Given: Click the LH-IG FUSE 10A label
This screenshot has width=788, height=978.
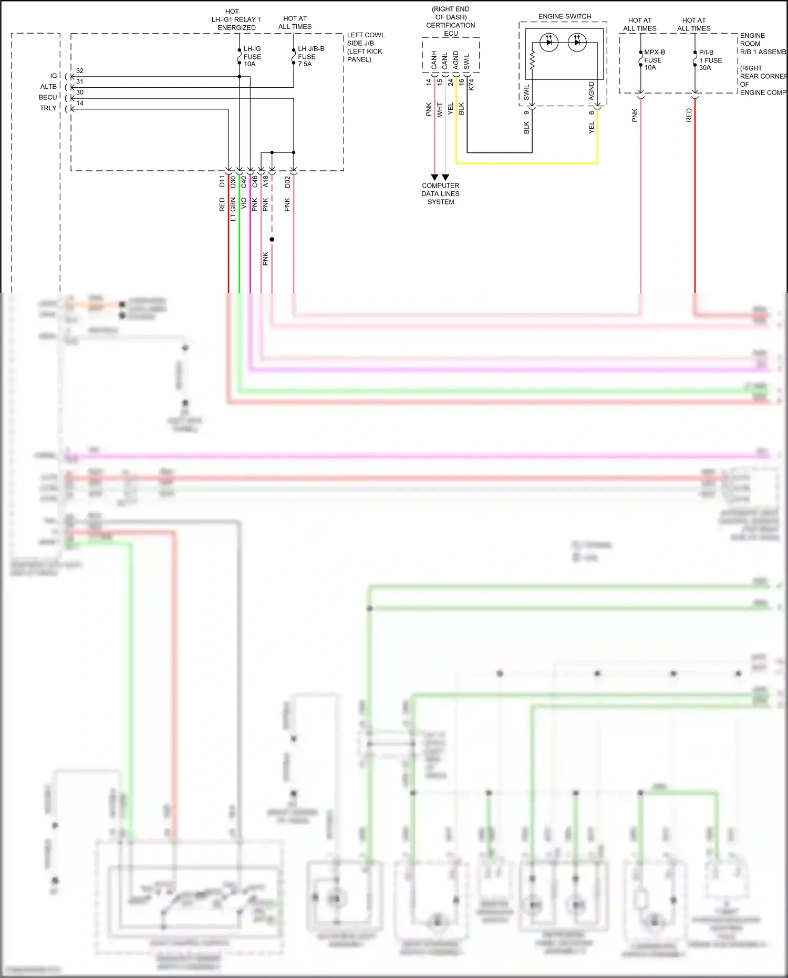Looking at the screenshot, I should [252, 56].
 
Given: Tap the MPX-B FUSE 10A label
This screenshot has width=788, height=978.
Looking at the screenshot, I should [654, 60].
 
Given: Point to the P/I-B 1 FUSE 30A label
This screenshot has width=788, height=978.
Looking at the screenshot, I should [710, 60].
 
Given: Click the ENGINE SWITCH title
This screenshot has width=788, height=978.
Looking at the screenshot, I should [564, 16].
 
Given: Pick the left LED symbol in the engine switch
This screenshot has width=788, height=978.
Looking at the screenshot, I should [549, 42].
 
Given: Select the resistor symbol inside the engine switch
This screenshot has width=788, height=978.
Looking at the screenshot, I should [532, 60].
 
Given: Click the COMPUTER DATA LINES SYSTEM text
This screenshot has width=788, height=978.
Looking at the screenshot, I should [440, 193].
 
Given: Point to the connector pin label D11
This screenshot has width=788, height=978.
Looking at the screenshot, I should [222, 182].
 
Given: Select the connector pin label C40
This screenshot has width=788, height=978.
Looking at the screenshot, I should [244, 182].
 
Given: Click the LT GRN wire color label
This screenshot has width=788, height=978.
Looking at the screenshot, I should [233, 209].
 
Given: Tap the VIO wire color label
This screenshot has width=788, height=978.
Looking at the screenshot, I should [244, 203].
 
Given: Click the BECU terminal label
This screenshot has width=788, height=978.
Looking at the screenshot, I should [47, 97].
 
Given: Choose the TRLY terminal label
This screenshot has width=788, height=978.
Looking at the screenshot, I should [48, 108].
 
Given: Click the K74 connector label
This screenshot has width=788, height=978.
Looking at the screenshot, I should [471, 85].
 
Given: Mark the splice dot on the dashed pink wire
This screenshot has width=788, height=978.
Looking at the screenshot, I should [272, 240].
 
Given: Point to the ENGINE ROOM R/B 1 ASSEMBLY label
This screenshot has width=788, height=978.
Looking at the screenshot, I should [762, 44].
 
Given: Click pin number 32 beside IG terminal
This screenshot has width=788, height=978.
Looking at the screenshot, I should [79, 70].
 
